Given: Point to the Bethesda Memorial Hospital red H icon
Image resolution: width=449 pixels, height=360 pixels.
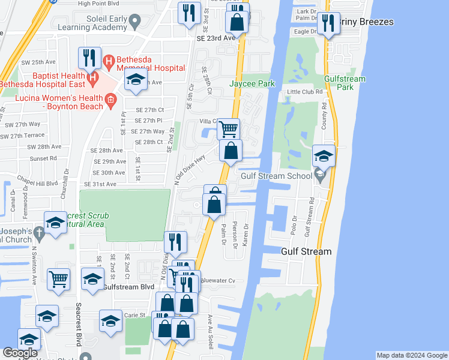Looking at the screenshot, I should click(x=109, y=61).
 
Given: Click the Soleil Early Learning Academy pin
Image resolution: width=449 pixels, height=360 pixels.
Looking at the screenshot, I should click(x=135, y=22).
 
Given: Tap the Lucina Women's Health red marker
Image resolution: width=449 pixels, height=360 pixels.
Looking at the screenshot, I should click(x=110, y=102).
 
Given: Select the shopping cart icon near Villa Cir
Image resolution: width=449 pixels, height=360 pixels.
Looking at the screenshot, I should click(x=229, y=128).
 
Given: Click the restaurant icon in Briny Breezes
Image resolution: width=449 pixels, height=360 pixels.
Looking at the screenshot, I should click(x=328, y=23).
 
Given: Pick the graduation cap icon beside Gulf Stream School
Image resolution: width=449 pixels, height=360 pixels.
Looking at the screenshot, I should click(x=324, y=157).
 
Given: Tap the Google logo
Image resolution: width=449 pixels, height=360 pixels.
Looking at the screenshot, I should click(x=20, y=353).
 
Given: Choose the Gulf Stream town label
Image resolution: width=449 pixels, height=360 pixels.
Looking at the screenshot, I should click(x=306, y=251).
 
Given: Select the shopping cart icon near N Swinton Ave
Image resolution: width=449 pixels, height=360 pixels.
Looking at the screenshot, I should click(x=58, y=278).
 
